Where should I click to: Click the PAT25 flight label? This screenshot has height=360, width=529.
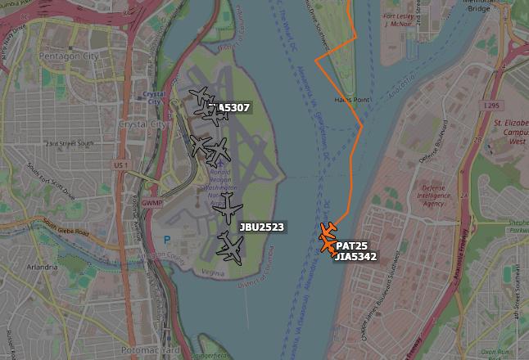click(351, 245)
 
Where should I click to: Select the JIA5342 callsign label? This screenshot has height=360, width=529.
click(355, 257)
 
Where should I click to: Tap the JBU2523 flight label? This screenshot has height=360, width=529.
click(262, 227)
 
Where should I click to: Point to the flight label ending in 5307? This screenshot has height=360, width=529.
click(230, 107)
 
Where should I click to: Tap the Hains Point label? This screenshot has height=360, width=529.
click(347, 100)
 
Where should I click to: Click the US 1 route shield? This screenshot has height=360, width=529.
click(121, 166)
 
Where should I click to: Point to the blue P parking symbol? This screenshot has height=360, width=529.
click(168, 241)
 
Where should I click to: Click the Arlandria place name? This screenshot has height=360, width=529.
click(42, 267)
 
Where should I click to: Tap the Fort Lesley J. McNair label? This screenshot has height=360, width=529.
click(398, 19)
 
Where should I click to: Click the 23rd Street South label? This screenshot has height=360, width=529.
click(66, 144)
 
